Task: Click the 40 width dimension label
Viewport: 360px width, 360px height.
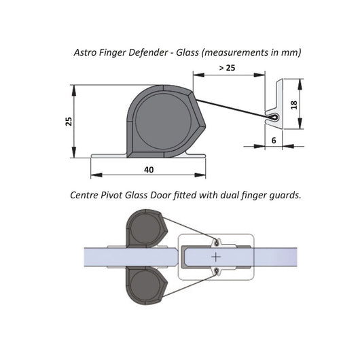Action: [149, 170]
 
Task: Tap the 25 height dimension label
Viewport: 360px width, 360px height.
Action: [69, 122]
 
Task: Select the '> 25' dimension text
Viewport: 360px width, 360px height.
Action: [228, 68]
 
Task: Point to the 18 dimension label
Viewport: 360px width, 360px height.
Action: [294, 105]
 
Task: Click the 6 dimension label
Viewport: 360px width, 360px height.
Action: [274, 141]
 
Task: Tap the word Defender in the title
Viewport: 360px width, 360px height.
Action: [148, 52]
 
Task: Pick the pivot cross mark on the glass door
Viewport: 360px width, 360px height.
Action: [216, 257]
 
